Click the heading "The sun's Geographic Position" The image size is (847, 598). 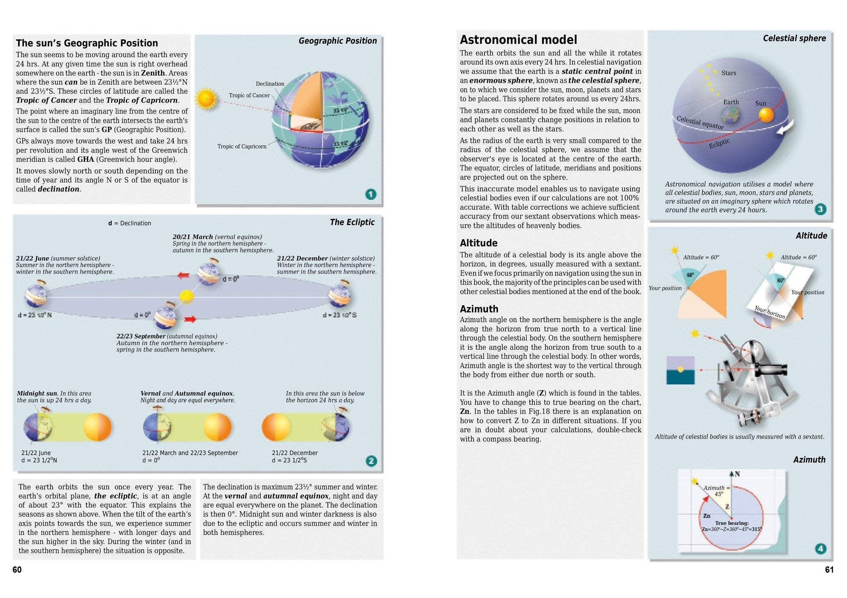click(x=87, y=43)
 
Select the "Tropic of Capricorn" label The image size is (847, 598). click(x=242, y=147)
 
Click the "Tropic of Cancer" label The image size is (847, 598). click(x=249, y=95)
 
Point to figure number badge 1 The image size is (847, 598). click(x=371, y=194)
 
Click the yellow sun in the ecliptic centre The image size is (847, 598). click(x=186, y=296)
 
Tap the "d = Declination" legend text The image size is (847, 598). click(x=130, y=223)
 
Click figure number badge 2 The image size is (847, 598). click(x=371, y=461)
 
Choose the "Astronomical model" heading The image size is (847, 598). click(x=518, y=40)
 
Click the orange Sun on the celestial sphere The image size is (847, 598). click(x=766, y=115)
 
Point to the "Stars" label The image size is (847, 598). click(x=729, y=73)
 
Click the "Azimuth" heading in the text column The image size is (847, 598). click(x=479, y=309)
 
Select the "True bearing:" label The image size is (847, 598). click(x=732, y=523)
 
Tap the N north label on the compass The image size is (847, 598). click(x=737, y=474)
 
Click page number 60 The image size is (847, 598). click(x=17, y=570)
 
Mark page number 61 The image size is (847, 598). click(x=829, y=570)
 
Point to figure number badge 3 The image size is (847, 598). click(x=820, y=209)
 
